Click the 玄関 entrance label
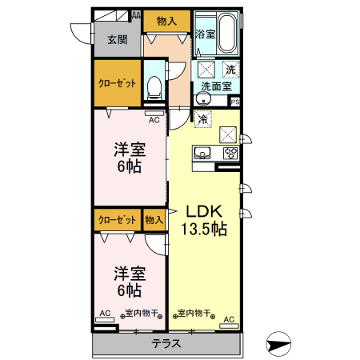click(118, 40)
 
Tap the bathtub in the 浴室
click(227, 33)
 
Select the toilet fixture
click(154, 87)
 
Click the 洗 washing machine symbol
click(231, 70)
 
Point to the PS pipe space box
click(235, 102)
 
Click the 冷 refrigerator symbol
click(203, 119)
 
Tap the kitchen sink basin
click(202, 153)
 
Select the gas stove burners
click(230, 154)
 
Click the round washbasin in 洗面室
click(204, 99)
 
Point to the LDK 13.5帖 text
click(204, 220)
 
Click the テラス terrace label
click(166, 343)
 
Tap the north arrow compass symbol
click(278, 344)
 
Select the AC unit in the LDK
click(229, 326)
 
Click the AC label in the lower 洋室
click(105, 313)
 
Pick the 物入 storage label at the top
click(166, 21)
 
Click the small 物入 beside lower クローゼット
click(154, 220)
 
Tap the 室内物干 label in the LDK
click(194, 313)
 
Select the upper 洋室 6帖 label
click(130, 158)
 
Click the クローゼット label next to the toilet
click(117, 83)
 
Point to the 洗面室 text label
click(216, 86)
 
